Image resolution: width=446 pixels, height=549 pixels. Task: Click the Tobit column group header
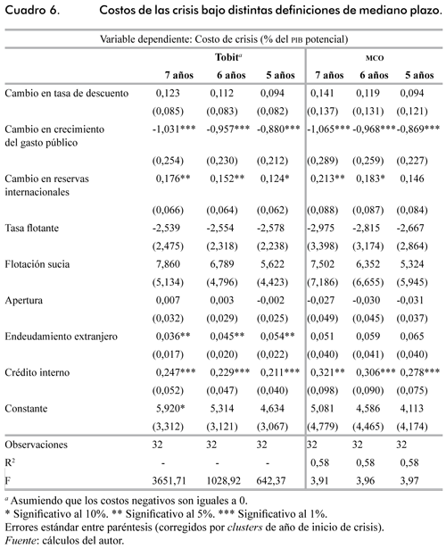point(228,57)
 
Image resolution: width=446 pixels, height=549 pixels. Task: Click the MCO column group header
point(375,58)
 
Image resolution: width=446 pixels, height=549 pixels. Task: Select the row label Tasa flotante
point(32,228)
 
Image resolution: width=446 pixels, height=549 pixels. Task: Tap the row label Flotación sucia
point(37,264)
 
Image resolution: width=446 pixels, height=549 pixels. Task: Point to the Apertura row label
point(24,301)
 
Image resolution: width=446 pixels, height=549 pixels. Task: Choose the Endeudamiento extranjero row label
point(62,337)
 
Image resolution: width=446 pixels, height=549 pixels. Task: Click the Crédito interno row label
point(37,372)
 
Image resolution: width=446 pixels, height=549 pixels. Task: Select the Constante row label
point(26,409)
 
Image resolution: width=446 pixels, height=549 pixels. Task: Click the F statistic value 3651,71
point(169,481)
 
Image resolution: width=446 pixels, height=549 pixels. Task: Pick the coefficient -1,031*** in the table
point(174,129)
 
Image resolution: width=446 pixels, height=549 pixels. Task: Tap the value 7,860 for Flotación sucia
point(168,264)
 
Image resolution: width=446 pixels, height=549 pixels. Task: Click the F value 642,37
point(271,481)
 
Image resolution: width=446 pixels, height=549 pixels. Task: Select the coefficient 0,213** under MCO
point(327,179)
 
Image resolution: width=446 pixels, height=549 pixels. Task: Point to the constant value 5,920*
point(170,409)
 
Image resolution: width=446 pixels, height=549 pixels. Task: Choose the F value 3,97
point(409,481)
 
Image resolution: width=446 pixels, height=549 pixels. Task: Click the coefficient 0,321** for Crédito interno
point(327,372)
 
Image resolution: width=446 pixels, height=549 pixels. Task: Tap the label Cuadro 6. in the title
point(32,10)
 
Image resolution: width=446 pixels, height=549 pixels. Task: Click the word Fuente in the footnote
point(21,541)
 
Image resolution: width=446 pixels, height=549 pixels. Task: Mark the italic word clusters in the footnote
point(245,528)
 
